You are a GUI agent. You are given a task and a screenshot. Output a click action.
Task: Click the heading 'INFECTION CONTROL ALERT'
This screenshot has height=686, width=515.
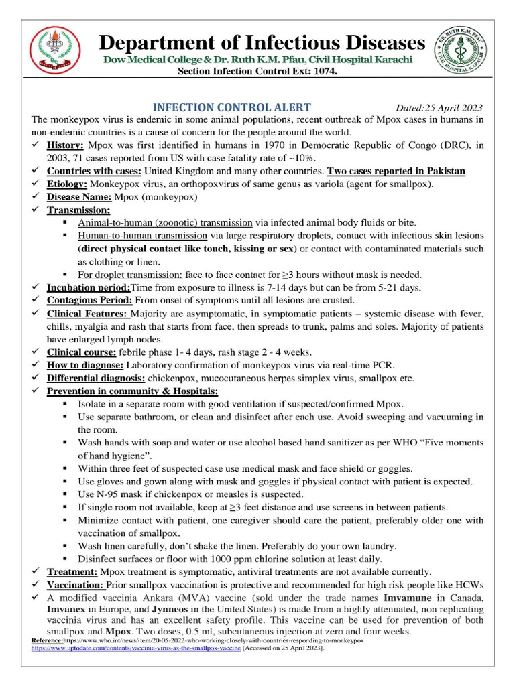point(232,107)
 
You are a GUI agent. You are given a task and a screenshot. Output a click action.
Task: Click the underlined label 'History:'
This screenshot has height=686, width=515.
point(66,145)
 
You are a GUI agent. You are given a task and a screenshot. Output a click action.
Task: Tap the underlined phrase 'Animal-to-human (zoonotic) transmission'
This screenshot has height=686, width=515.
point(165,222)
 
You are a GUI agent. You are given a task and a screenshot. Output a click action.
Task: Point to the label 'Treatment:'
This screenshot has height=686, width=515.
point(72,571)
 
